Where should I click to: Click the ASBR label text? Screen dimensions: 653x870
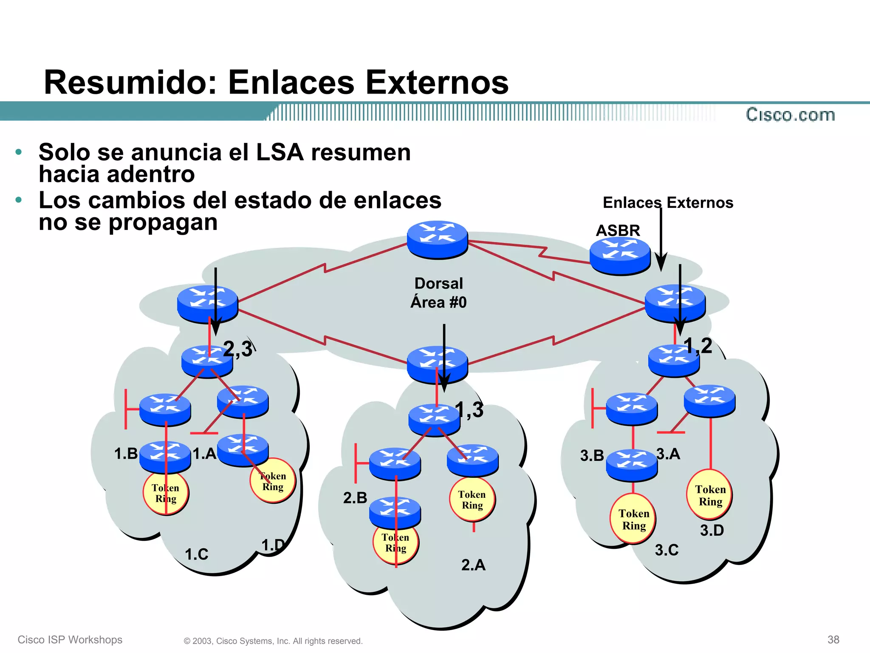pyautogui.click(x=618, y=230)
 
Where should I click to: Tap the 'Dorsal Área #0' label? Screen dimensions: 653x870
pyautogui.click(x=438, y=293)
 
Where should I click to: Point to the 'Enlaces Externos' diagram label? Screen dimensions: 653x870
pyautogui.click(x=668, y=203)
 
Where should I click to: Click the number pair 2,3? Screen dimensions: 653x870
pyautogui.click(x=237, y=349)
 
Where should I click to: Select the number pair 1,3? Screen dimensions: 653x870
pyautogui.click(x=469, y=410)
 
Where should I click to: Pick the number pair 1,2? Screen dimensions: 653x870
pyautogui.click(x=698, y=346)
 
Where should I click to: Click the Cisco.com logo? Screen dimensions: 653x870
pyautogui.click(x=790, y=115)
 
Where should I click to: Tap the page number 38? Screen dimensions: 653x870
pyautogui.click(x=833, y=639)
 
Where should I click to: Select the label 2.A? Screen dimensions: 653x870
pyautogui.click(x=473, y=565)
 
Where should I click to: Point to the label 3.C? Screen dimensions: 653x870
pyautogui.click(x=667, y=550)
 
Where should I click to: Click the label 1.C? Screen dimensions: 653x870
pyautogui.click(x=197, y=554)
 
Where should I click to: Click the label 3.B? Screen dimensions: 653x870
pyautogui.click(x=592, y=456)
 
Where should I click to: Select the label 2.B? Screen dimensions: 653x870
pyautogui.click(x=355, y=498)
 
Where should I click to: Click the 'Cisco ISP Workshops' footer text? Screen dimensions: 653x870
pyautogui.click(x=70, y=640)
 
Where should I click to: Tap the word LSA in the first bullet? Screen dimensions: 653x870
pyautogui.click(x=280, y=152)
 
